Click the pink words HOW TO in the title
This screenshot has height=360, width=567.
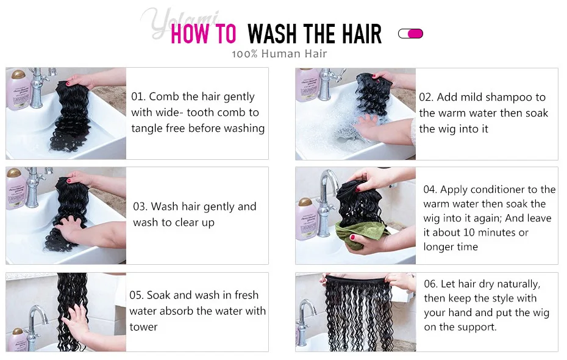click(x=203, y=34)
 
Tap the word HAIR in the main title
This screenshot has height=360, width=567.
click(x=362, y=34)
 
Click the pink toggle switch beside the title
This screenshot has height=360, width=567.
click(x=410, y=34)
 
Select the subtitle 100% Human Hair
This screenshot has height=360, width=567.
click(x=279, y=54)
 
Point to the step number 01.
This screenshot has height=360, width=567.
click(x=138, y=96)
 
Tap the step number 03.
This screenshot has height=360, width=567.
click(x=140, y=207)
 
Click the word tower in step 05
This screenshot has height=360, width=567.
click(x=143, y=327)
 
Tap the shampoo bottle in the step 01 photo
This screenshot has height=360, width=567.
click(x=18, y=90)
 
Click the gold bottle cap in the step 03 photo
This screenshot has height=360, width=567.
click(x=14, y=172)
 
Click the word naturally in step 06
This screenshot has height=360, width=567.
click(x=519, y=284)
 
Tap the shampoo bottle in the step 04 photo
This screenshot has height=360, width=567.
click(x=306, y=220)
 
